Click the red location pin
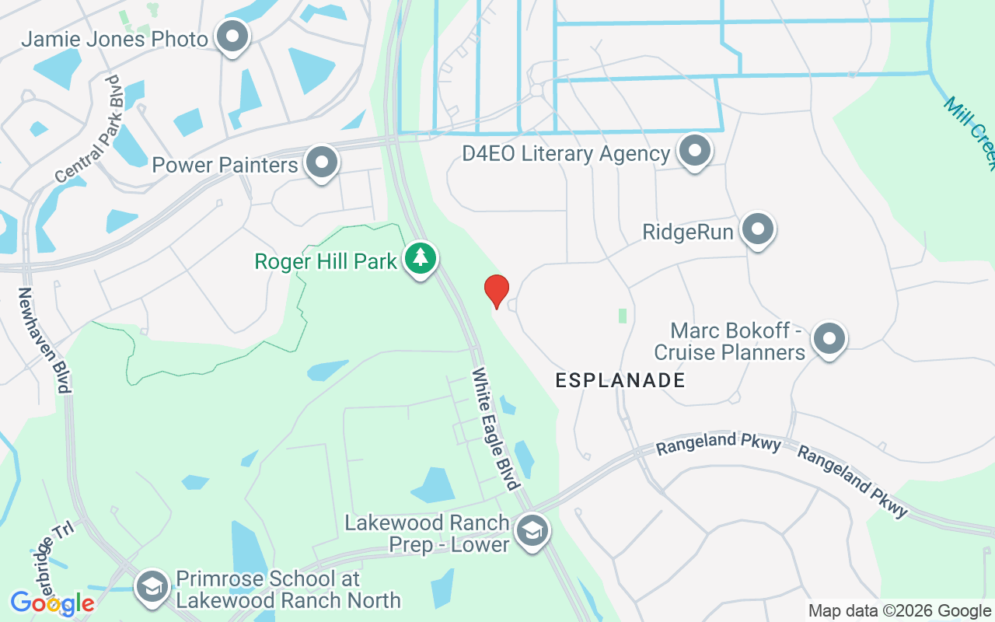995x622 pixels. click(496, 291)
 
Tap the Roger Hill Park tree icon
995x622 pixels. click(421, 259)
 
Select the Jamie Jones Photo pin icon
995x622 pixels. click(232, 37)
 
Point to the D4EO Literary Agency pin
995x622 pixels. click(694, 151)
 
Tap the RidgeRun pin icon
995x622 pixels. click(758, 229)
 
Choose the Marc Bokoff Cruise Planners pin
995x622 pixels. click(829, 339)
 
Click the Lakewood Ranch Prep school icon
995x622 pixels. click(532, 532)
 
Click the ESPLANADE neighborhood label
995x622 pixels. click(620, 380)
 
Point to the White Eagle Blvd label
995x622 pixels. click(496, 428)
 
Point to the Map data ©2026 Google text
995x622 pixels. click(899, 611)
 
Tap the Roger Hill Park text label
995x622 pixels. click(326, 261)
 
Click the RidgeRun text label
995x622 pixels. click(688, 232)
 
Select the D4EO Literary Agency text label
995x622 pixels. click(566, 153)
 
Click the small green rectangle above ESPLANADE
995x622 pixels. click(622, 316)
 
